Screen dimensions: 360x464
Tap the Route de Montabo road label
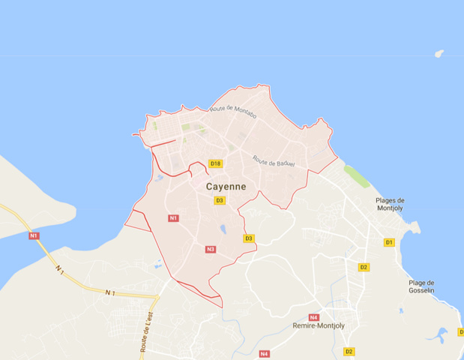coord(233,110)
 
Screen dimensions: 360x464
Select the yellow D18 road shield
coord(216,163)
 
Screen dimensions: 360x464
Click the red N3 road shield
coord(211,249)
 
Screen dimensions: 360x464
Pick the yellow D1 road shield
coord(389,242)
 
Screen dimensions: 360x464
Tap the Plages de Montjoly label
coord(390,205)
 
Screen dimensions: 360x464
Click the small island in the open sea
coord(439,53)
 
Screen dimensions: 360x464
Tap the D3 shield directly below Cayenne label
coord(220,200)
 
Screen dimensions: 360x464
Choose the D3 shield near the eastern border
coord(249,238)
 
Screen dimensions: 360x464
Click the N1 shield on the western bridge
coord(34,236)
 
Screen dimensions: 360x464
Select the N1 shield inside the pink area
coord(174,218)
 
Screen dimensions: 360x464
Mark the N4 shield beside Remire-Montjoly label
coord(313,317)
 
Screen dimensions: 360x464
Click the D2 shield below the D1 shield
coord(364,267)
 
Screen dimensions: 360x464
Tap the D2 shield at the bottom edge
coord(349,351)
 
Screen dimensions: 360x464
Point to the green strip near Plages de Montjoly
coord(357,178)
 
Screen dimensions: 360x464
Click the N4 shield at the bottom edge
coord(264,354)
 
